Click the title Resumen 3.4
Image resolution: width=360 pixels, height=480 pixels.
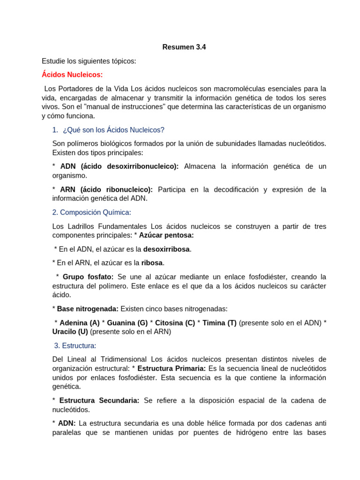(x=184, y=47)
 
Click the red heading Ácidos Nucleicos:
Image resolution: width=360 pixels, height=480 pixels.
(x=72, y=75)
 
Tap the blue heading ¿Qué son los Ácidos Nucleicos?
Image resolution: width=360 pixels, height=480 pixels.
(x=113, y=130)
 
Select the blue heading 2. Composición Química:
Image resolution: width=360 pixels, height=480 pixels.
(x=91, y=212)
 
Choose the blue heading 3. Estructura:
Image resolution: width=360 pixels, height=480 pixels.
(x=75, y=345)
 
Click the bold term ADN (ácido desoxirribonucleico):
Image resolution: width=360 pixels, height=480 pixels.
(x=120, y=166)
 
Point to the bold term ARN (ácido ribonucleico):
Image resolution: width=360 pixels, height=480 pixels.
(x=106, y=189)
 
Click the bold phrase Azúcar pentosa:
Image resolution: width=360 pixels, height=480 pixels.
(x=166, y=235)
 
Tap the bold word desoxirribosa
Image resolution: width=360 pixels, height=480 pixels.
(x=167, y=249)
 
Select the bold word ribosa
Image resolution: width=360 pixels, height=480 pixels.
(x=152, y=262)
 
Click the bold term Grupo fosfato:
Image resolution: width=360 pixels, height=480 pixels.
(x=88, y=277)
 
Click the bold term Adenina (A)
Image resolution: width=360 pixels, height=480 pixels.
(x=80, y=322)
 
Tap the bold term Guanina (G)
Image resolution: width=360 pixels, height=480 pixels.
(x=127, y=322)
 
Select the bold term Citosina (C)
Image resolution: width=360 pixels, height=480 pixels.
(x=175, y=322)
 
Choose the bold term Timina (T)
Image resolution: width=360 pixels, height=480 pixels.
(x=219, y=322)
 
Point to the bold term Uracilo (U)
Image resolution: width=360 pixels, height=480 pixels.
(x=70, y=331)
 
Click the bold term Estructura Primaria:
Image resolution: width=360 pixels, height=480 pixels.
(x=172, y=368)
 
